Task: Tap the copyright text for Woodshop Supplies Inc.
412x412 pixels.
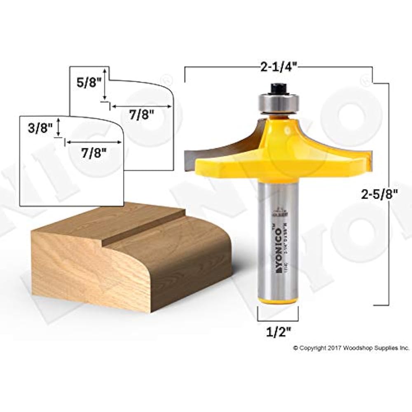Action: (x=351, y=348)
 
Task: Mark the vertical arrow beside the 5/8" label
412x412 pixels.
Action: (x=106, y=84)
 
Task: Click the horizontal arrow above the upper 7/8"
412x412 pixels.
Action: (x=141, y=106)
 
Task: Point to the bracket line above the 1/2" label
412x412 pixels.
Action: (x=278, y=320)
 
